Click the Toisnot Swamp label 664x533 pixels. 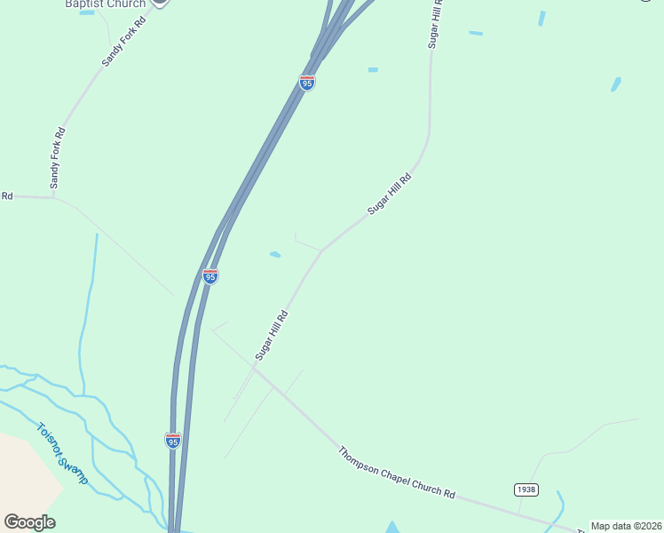pyautogui.click(x=62, y=453)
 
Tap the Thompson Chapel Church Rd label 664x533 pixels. pyautogui.click(x=396, y=472)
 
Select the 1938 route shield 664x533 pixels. pyautogui.click(x=526, y=489)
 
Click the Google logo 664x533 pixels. pyautogui.click(x=29, y=522)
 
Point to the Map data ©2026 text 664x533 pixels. pyautogui.click(x=626, y=526)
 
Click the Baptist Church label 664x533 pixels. pyautogui.click(x=105, y=4)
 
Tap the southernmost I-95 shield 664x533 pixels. pyautogui.click(x=173, y=441)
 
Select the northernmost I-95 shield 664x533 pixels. pyautogui.click(x=307, y=83)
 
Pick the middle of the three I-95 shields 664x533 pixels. pyautogui.click(x=209, y=276)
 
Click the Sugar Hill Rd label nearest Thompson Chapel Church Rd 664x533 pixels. pyautogui.click(x=272, y=335)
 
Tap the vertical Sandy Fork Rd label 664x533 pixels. pyautogui.click(x=58, y=158)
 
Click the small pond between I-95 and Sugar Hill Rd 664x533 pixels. pyautogui.click(x=275, y=255)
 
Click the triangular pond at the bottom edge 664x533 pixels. pyautogui.click(x=392, y=528)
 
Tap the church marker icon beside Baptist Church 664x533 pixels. pyautogui.click(x=159, y=3)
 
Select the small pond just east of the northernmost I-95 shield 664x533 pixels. pyautogui.click(x=373, y=69)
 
